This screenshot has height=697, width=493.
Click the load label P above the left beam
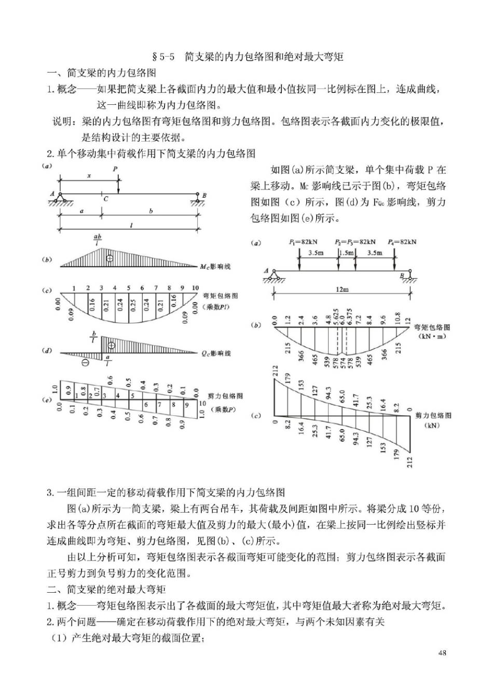115,169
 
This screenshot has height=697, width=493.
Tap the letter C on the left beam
105,198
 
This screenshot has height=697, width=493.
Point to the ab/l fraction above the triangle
98,240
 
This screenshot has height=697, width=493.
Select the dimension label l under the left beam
131,226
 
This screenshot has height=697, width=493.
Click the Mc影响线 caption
215,266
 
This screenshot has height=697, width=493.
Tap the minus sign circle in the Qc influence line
85,362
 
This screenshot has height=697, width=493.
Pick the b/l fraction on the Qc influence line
94,338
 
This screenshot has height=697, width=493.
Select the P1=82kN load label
303,242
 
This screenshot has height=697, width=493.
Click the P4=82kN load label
402,242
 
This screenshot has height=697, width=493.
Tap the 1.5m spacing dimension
346,253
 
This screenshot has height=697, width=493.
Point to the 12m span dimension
341,290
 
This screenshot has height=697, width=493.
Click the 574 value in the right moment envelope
343,361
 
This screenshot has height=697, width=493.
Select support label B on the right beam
401,277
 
